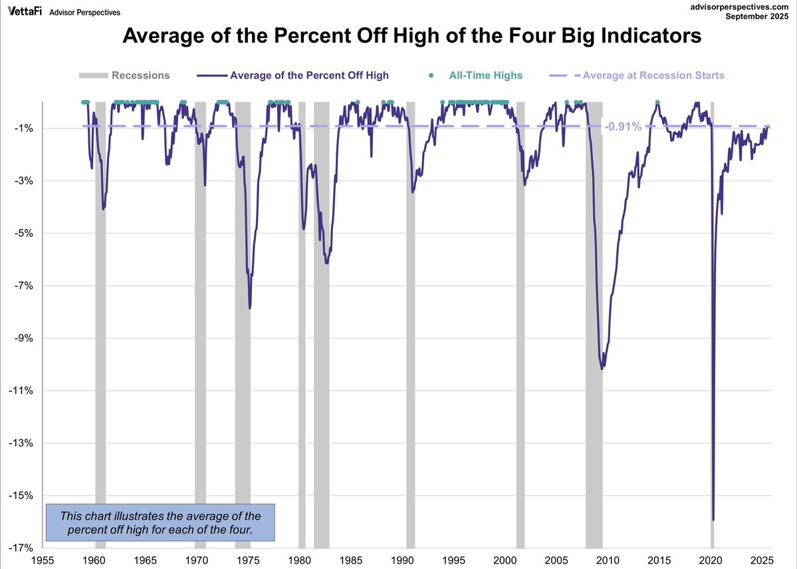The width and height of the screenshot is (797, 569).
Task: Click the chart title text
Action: (x=412, y=36)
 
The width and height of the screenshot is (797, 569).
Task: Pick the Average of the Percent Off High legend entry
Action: (x=309, y=75)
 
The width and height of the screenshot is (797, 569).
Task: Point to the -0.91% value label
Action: (x=623, y=126)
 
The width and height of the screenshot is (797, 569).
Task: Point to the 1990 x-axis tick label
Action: (x=402, y=560)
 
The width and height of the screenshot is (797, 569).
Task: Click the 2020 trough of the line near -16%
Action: (x=713, y=519)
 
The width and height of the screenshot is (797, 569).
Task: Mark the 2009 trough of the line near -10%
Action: (x=602, y=367)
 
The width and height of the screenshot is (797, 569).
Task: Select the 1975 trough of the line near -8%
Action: (x=250, y=307)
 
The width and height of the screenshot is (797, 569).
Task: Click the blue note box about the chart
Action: (x=160, y=522)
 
